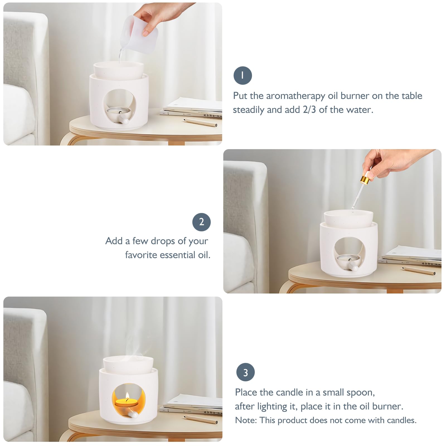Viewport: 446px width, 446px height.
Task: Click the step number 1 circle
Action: (243, 76)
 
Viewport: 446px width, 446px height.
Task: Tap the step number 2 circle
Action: (202, 222)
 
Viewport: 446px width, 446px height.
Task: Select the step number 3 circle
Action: (246, 372)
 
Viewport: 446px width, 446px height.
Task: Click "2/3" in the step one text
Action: (309, 110)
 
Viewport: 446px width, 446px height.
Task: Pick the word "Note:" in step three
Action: (246, 420)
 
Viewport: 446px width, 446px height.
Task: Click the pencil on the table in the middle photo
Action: (419, 270)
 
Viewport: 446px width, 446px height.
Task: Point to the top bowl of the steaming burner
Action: (128, 363)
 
